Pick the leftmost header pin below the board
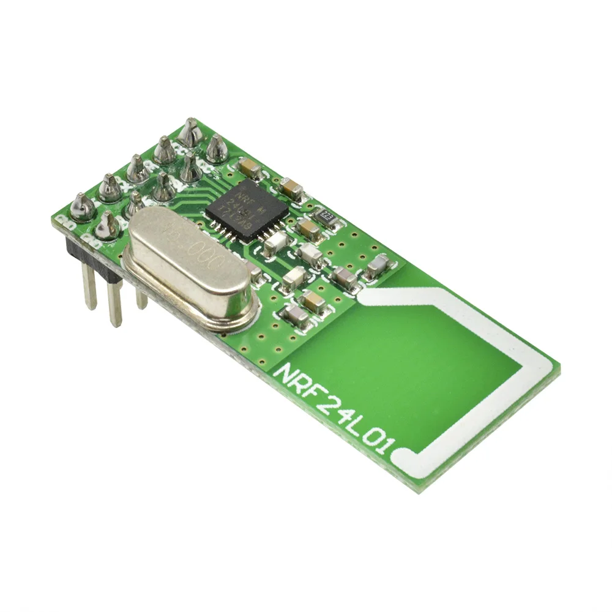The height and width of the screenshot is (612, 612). [x=89, y=288]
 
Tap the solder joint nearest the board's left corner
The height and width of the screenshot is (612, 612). [x=82, y=206]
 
